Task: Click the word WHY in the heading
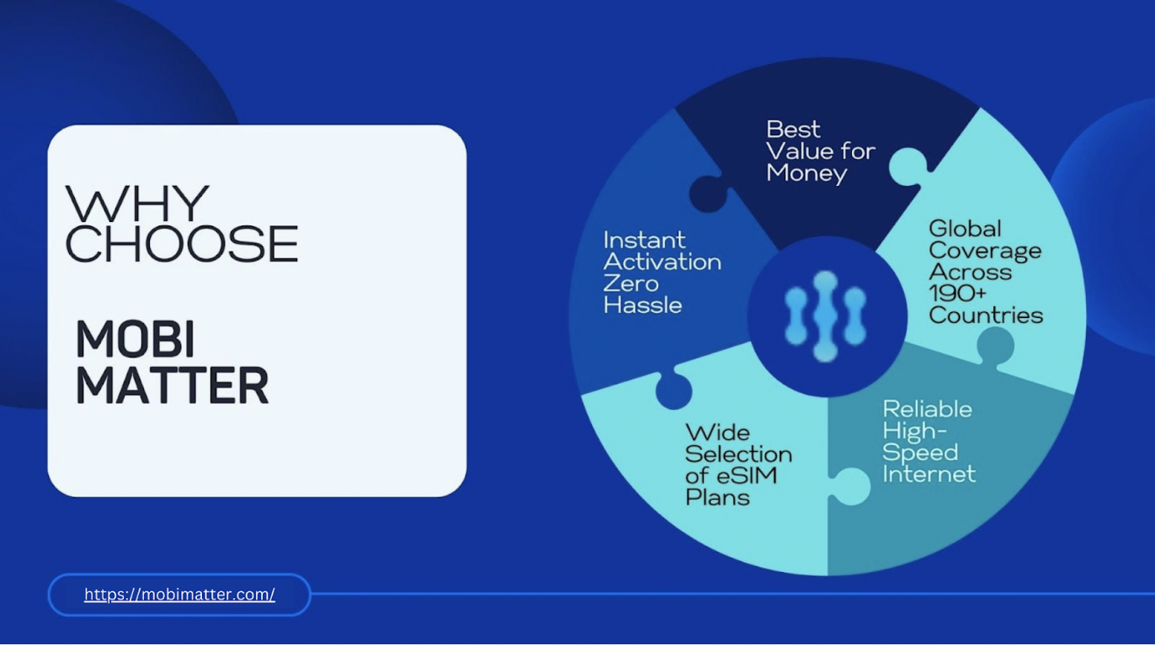[x=137, y=204]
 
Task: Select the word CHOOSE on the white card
[x=182, y=243]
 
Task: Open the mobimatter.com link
[x=179, y=595]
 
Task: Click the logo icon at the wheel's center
[x=826, y=315]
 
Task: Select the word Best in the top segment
[x=793, y=129]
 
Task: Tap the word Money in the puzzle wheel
[x=806, y=173]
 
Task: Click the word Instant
[x=645, y=240]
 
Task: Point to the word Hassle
[x=643, y=305]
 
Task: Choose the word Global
[x=966, y=229]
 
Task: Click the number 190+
[x=957, y=294]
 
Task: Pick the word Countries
[x=986, y=315]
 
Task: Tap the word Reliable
[x=927, y=409]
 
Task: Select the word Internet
[x=929, y=474]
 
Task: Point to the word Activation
[x=663, y=262]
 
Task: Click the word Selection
[x=739, y=454]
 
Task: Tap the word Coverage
[x=985, y=252]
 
